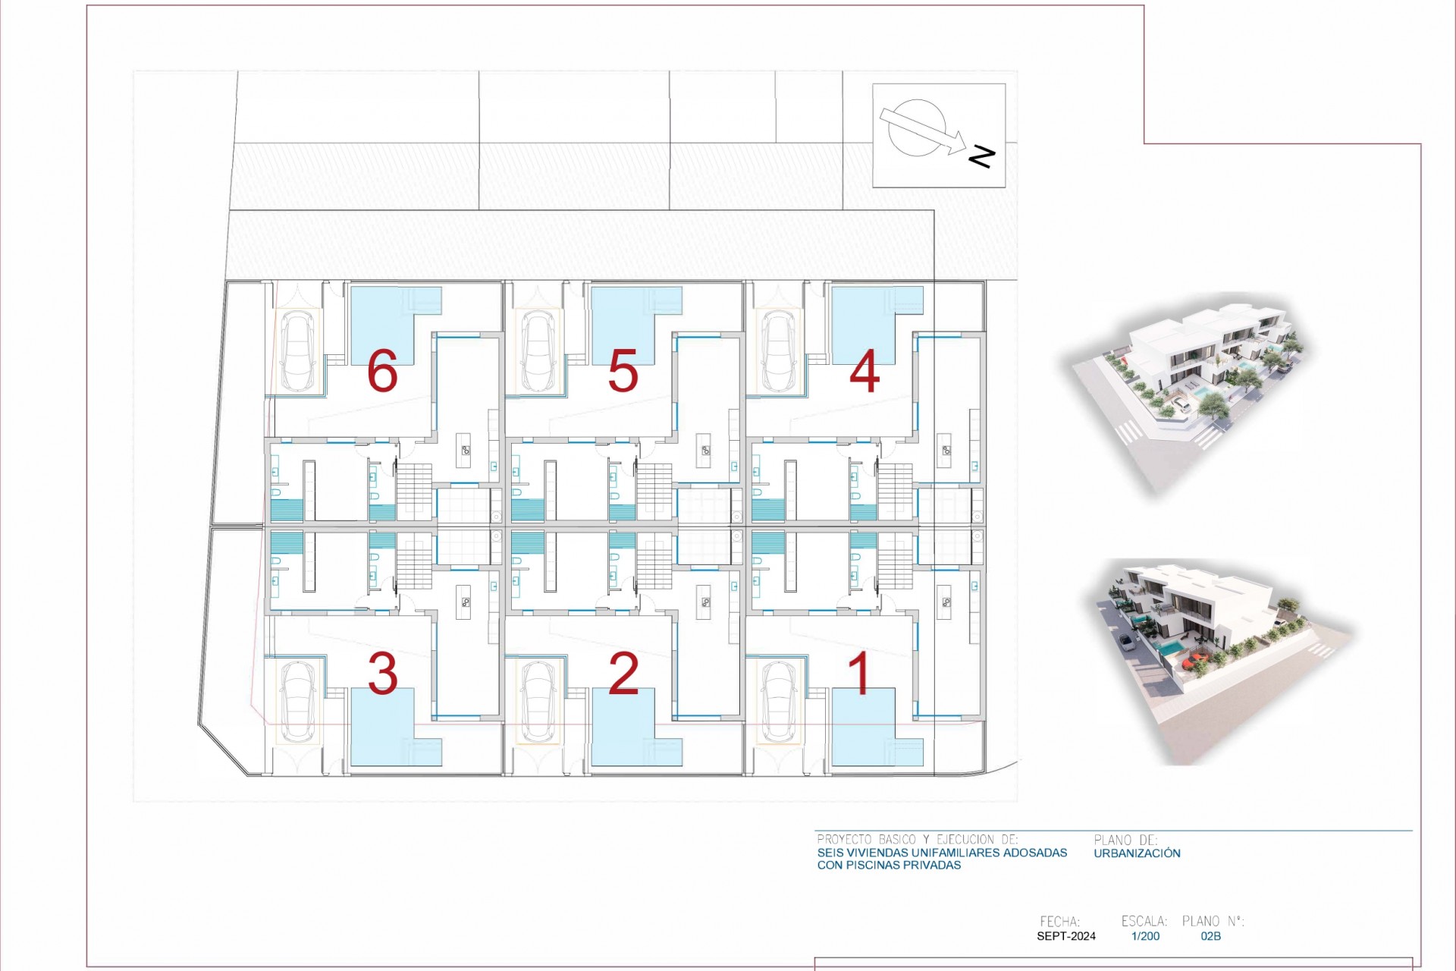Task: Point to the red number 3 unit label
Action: click(x=382, y=673)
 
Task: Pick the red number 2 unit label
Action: click(x=623, y=673)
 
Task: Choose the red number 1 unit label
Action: click(x=860, y=673)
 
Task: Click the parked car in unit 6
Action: click(x=298, y=350)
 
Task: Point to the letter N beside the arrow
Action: click(x=981, y=157)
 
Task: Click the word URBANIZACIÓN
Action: click(x=1137, y=853)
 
